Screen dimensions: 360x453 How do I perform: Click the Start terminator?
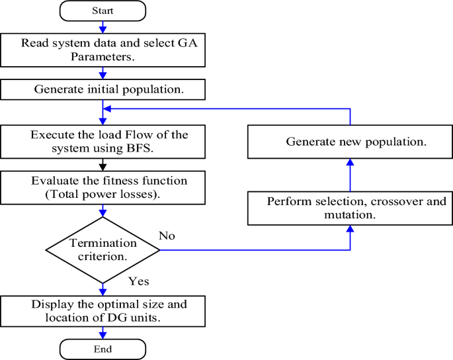(103, 11)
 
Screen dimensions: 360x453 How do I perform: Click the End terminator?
(103, 349)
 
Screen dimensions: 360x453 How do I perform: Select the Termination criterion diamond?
(103, 249)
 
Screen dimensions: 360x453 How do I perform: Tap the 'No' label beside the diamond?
(168, 235)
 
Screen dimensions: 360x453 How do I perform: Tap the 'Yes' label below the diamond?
(138, 281)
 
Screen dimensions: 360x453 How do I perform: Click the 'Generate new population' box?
(350, 142)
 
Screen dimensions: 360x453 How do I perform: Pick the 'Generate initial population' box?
(103, 89)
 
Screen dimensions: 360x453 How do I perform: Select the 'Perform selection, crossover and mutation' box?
(350, 208)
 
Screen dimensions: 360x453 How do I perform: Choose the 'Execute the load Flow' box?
(103, 141)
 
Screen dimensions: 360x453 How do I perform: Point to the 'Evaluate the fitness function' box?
(103, 189)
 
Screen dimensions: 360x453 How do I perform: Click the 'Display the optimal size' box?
(103, 311)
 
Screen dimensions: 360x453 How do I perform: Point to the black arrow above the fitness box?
(103, 164)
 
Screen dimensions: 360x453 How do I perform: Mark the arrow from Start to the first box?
(103, 26)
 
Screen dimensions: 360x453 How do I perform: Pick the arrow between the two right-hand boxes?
(350, 175)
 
